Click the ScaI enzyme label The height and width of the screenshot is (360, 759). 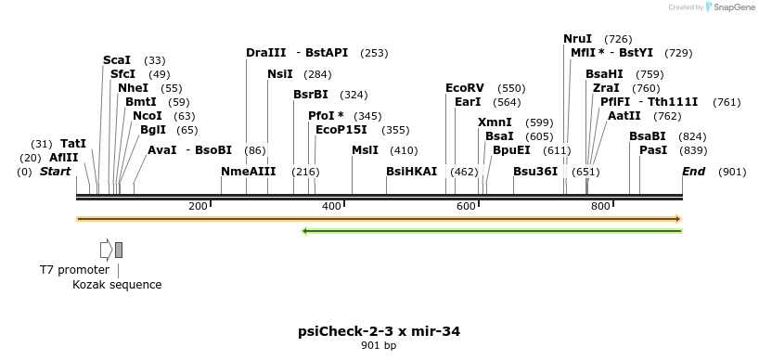tap(117, 60)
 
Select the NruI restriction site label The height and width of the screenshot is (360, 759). tap(577, 39)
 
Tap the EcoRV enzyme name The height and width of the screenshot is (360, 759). tap(465, 88)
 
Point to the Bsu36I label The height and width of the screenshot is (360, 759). tap(535, 172)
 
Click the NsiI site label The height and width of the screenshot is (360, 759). tap(279, 74)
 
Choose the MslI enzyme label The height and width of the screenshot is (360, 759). tap(365, 150)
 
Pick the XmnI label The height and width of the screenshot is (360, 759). tap(495, 122)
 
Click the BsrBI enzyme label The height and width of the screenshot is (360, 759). tap(311, 95)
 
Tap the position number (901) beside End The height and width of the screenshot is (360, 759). tap(732, 172)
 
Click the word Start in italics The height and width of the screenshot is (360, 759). tap(56, 172)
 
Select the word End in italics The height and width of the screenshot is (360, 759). tap(693, 172)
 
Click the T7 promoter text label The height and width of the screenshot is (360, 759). tap(74, 269)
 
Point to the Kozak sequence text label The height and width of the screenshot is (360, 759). tap(117, 285)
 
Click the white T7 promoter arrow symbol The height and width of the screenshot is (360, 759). tap(106, 250)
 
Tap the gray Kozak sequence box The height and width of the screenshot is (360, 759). tap(119, 250)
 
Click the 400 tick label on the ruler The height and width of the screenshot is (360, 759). tap(331, 206)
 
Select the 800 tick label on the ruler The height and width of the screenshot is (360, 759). tap(599, 206)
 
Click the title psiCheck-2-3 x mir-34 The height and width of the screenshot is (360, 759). tap(379, 331)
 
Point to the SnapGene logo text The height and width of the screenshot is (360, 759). tap(734, 7)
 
